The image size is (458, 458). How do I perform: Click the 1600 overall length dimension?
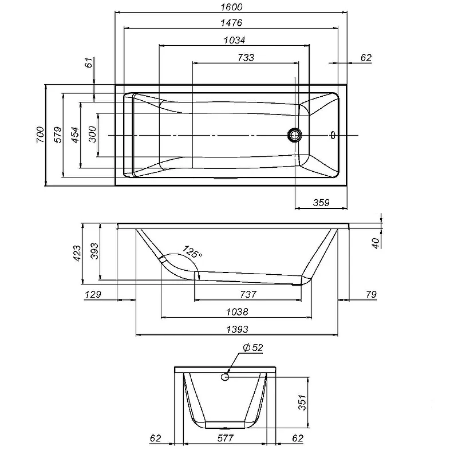pos(231,7)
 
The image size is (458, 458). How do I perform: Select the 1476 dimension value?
pos(231,22)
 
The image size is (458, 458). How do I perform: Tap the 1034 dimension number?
pos(235,40)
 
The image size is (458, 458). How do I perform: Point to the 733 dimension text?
pos(246,58)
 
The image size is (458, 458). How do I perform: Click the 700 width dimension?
pos(40,135)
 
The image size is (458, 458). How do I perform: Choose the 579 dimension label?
pos(58,135)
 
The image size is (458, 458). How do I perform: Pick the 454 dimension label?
pos(75,135)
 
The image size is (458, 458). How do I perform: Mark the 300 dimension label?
pos(92,134)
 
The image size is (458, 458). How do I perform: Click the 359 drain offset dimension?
pos(321,203)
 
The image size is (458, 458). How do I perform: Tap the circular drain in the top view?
pos(295,135)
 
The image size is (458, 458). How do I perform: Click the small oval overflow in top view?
pos(333,135)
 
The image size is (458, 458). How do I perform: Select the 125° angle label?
pos(192,251)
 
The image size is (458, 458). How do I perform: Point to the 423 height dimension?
pos(77,253)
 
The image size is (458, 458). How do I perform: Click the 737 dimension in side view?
pos(248,294)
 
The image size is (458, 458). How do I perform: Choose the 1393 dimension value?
pos(238,329)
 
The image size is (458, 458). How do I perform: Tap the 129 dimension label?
pos(93,294)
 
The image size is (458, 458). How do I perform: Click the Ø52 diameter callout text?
pos(253,348)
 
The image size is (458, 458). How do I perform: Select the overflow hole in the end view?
pos(225,377)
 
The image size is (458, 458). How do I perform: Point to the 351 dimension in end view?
pos(302,402)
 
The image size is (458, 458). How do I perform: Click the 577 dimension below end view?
pos(226,438)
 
